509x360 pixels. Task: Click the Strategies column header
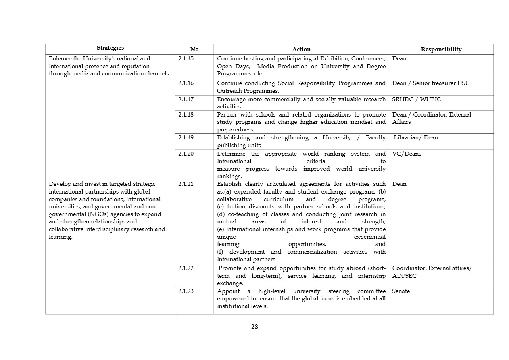point(110,48)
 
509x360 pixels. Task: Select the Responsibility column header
point(441,49)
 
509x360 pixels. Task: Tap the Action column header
point(301,49)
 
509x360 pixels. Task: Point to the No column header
point(194,49)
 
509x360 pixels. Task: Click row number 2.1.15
point(186,59)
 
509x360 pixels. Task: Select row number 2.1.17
point(186,99)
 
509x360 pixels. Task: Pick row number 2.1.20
point(186,154)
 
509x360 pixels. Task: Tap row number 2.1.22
point(186,268)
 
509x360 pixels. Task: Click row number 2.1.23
point(186,291)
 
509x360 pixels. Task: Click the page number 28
point(255,327)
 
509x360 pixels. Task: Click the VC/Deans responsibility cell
point(407,154)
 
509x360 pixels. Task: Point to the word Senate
point(401,291)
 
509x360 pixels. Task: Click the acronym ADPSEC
point(405,276)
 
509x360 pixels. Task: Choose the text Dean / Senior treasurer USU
point(431,83)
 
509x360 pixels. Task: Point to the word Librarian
point(407,137)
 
